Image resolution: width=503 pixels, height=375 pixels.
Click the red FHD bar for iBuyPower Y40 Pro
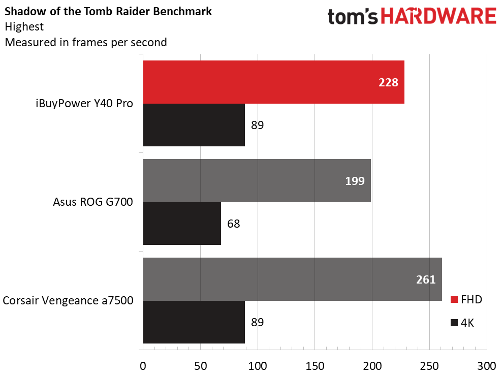tap(273, 82)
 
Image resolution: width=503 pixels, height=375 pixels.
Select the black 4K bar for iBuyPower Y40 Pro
tap(194, 125)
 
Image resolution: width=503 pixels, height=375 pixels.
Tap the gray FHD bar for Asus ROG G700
tap(257, 180)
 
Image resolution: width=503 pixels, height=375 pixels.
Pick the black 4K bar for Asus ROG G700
tap(182, 224)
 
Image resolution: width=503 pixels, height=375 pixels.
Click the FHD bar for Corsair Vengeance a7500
tap(292, 279)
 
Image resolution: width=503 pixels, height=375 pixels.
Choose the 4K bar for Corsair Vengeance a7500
tap(194, 322)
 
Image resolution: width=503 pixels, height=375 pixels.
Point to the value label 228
tap(388, 82)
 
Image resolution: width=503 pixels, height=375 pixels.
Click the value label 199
tap(355, 180)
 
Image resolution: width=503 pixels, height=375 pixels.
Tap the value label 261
tap(426, 279)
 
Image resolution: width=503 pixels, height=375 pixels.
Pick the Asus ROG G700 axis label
tap(92, 202)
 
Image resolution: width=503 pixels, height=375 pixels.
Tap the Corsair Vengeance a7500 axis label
tap(68, 301)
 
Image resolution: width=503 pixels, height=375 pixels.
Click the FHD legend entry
tap(466, 299)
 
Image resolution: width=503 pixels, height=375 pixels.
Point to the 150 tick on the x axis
tap(315, 366)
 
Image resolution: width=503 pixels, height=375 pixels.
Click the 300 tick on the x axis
tap(487, 366)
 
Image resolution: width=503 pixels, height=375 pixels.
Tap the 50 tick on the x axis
tap(201, 366)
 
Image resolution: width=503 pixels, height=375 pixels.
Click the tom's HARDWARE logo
tap(412, 16)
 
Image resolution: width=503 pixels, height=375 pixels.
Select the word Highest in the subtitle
tap(23, 26)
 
